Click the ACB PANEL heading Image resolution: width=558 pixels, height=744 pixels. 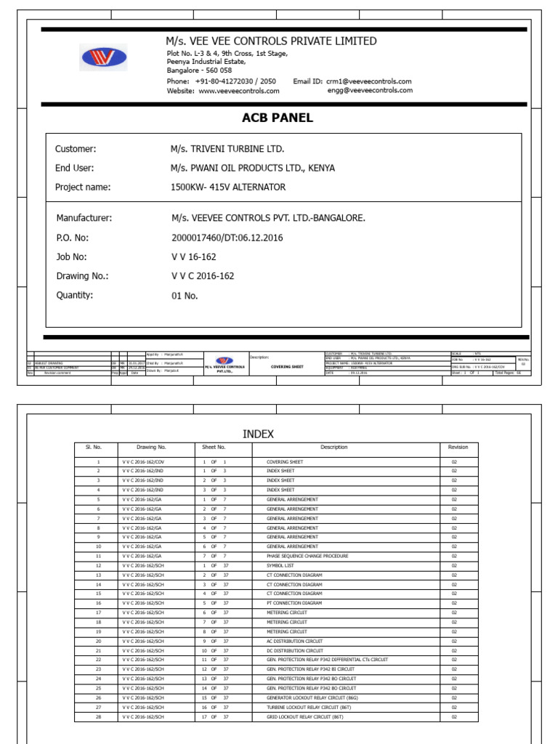(278, 118)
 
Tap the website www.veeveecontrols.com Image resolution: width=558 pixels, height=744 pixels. (238, 91)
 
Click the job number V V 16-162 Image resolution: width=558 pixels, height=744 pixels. (193, 257)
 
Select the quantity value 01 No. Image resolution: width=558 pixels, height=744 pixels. (185, 296)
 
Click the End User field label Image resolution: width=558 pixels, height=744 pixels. (75, 168)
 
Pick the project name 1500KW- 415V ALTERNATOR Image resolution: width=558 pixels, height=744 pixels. (228, 187)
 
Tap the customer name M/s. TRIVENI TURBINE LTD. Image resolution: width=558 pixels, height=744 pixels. (227, 149)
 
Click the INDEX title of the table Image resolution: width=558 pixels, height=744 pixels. (258, 434)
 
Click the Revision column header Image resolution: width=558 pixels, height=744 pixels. (458, 448)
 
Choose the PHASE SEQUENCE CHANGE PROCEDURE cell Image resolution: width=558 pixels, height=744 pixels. (309, 556)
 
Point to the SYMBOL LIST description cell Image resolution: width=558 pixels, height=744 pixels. (283, 565)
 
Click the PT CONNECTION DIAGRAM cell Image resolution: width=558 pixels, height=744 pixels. (294, 603)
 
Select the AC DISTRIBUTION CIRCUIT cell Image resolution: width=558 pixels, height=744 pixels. (294, 641)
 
